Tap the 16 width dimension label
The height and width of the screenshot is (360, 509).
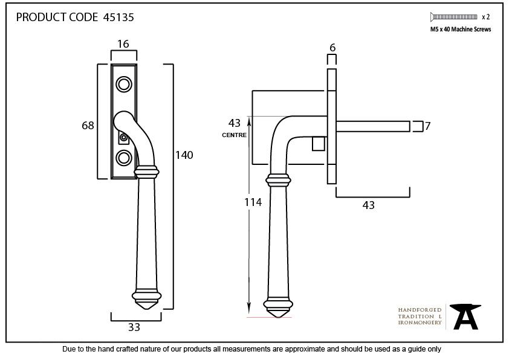(x=123, y=44)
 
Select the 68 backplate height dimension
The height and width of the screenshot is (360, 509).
(x=88, y=126)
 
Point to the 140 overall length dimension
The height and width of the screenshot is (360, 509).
(x=184, y=155)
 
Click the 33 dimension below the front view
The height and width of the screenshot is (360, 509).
(x=134, y=327)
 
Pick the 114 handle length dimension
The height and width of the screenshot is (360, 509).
(x=253, y=202)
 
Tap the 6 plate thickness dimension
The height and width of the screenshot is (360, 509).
(x=332, y=48)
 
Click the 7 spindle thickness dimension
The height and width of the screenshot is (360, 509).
(x=427, y=126)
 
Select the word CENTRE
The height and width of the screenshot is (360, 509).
(x=234, y=135)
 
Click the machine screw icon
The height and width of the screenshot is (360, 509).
(x=453, y=17)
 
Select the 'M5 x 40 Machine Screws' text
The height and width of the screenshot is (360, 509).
(x=460, y=29)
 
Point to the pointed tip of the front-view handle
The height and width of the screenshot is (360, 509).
(x=146, y=307)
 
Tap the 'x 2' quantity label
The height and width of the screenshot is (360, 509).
(x=485, y=17)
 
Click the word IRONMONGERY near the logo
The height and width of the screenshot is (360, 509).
(x=420, y=323)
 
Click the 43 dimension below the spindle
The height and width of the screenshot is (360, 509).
(x=368, y=205)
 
